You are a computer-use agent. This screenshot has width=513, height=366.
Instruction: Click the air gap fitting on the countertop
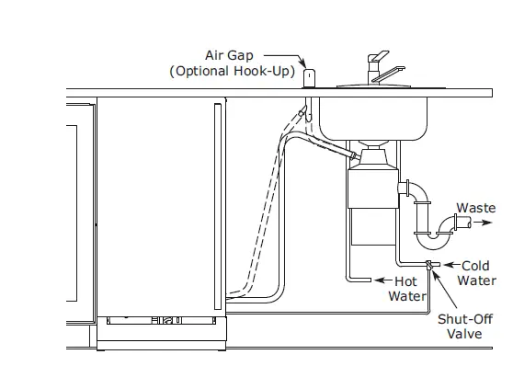(x=310, y=77)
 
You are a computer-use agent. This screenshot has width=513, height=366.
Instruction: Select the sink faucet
(x=377, y=70)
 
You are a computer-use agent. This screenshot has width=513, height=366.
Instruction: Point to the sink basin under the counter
(x=371, y=115)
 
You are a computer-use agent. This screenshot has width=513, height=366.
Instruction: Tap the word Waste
(x=476, y=209)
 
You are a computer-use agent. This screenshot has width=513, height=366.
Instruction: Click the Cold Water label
(x=475, y=273)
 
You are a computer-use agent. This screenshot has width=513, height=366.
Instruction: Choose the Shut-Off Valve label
(x=464, y=326)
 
